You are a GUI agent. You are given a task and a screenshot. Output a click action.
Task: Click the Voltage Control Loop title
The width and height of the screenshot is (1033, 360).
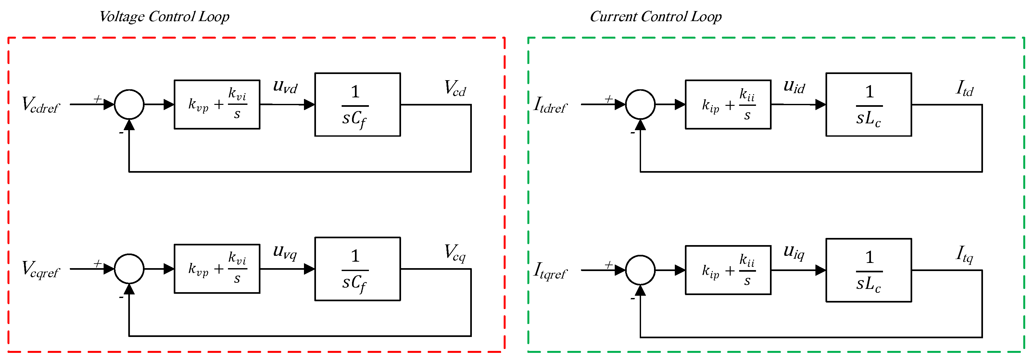point(164,17)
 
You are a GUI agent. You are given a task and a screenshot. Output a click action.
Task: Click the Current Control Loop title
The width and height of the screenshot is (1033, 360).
point(655,17)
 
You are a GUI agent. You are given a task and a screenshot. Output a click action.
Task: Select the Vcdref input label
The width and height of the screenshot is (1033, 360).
point(40,105)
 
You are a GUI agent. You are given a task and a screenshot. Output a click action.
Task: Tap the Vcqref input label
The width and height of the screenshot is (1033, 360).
point(40,269)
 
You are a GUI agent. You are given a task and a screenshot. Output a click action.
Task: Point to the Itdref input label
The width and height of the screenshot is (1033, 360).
point(550,105)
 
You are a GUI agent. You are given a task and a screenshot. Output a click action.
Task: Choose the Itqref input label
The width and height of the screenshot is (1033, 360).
point(550,271)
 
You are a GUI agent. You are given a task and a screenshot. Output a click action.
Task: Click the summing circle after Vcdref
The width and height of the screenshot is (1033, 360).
point(129,104)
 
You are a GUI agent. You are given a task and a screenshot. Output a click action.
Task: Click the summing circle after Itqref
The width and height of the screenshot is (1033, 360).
point(640,270)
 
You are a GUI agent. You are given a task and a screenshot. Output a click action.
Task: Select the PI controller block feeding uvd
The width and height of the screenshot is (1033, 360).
point(217,104)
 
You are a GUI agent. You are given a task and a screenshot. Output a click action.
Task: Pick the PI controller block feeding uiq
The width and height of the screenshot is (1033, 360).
point(728,270)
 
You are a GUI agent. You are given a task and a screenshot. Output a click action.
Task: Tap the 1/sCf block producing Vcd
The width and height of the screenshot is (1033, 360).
point(357,104)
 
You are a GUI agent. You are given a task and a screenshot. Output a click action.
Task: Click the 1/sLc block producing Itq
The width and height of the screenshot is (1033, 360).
point(869,270)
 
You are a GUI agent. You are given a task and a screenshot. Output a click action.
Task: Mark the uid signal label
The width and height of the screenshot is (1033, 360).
point(794,87)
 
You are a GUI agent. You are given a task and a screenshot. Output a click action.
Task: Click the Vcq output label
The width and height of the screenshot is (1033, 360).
point(455,253)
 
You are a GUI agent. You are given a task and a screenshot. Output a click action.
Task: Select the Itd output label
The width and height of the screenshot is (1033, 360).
point(964,88)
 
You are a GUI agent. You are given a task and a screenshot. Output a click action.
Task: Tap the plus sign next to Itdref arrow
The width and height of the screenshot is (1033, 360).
point(608,99)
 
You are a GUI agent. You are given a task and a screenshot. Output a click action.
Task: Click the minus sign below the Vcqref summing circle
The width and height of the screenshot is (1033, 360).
point(121,297)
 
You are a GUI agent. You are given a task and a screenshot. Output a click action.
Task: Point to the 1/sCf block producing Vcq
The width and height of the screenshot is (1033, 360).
point(357,268)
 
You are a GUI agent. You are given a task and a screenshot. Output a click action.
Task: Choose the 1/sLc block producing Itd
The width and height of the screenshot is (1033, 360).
point(869,104)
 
